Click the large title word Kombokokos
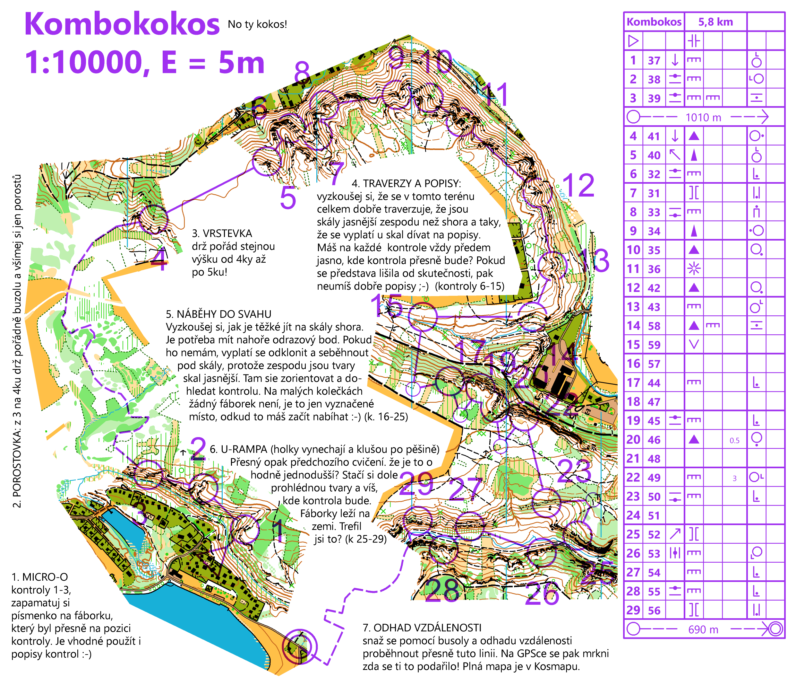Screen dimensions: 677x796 click(122, 24)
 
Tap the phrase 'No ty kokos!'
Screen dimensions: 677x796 click(257, 24)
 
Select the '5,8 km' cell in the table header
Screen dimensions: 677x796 click(715, 22)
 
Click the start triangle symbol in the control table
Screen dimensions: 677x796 click(633, 41)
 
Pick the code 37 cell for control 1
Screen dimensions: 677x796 click(654, 60)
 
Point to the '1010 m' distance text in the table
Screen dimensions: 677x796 click(703, 117)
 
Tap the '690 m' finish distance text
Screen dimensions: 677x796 click(703, 629)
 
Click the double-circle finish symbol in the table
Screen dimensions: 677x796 click(775, 629)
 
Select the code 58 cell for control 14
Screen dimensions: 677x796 click(654, 326)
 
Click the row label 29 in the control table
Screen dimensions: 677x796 click(633, 610)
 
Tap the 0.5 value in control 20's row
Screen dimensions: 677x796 click(734, 440)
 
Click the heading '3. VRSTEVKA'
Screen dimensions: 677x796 click(222, 233)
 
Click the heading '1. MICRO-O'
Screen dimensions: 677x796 click(39, 577)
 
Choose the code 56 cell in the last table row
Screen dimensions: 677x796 click(654, 610)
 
